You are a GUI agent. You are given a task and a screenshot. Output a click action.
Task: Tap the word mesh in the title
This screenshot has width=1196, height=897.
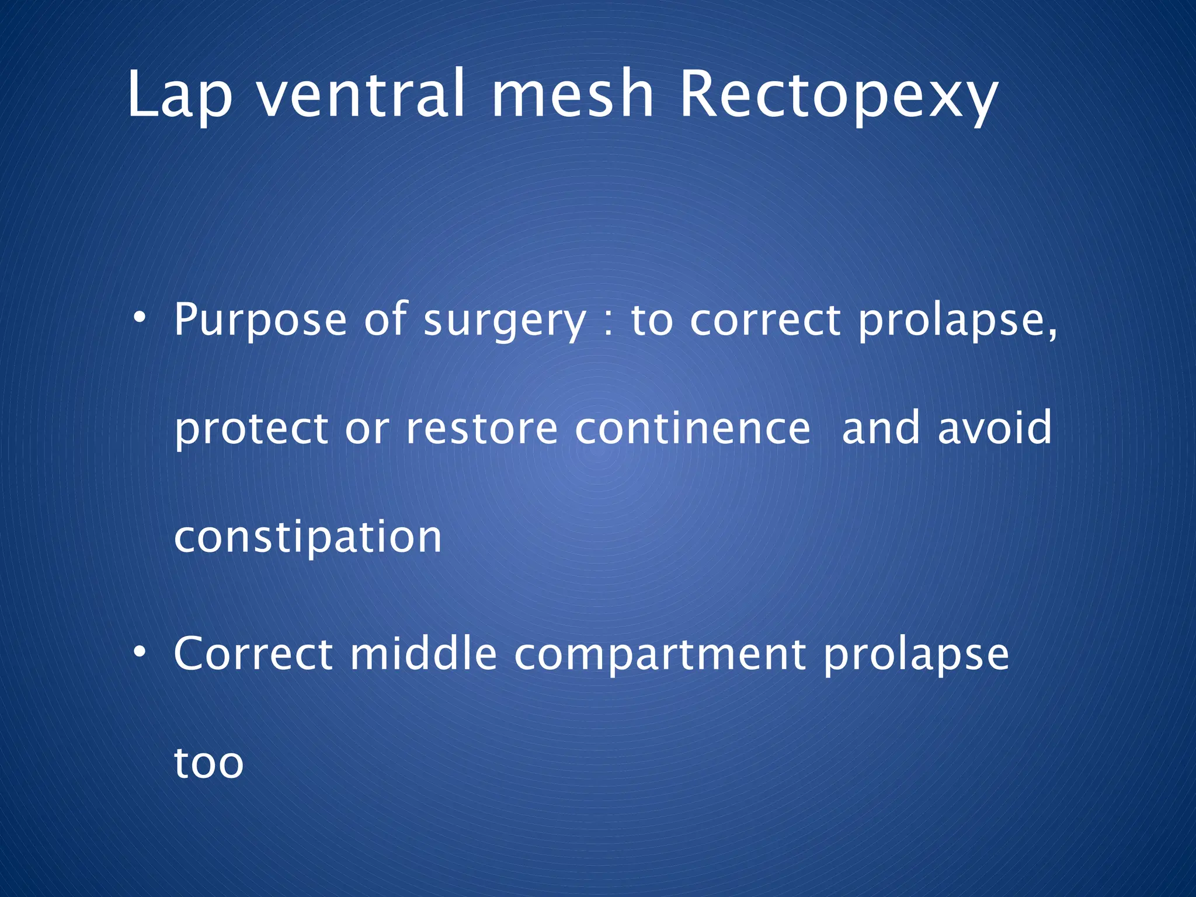click(x=572, y=93)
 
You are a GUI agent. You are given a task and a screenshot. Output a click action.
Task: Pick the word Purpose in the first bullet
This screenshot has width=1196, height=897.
click(x=260, y=321)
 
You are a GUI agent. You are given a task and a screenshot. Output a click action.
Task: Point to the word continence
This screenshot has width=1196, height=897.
click(x=693, y=429)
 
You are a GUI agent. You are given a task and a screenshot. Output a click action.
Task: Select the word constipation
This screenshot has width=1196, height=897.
click(x=308, y=537)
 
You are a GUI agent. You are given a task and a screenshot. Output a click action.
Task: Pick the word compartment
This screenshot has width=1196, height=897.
click(x=660, y=655)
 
